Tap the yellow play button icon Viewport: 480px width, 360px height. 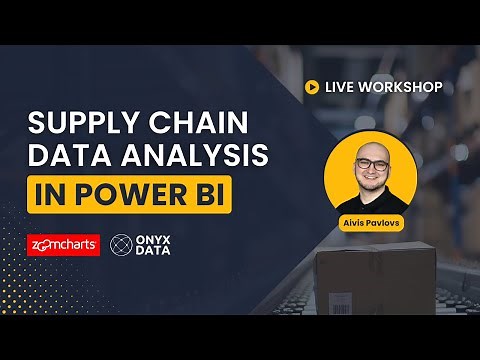pos(312,87)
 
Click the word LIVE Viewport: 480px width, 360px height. pos(343,87)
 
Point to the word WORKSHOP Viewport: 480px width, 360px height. pos(404,87)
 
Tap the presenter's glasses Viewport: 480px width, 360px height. pos(370,164)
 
